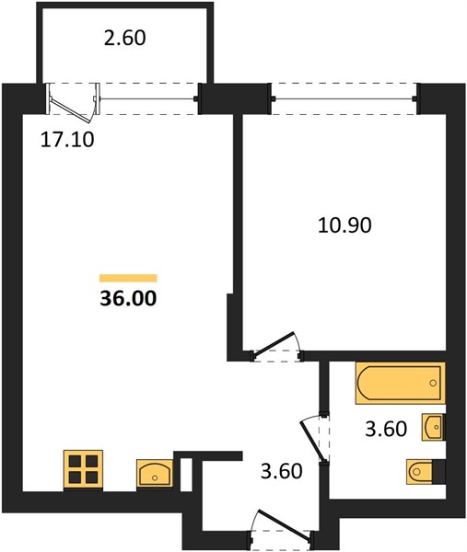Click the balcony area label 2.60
[124, 38]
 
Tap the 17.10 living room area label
[67, 140]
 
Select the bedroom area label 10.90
[344, 225]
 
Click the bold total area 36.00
[128, 298]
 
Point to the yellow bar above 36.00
[128, 278]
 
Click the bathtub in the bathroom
[401, 383]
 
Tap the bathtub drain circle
[433, 383]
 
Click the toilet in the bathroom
[426, 471]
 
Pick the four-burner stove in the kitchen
[83, 470]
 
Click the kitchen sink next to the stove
[155, 474]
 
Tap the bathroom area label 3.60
[386, 429]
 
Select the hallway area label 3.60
[282, 471]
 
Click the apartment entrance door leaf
[284, 525]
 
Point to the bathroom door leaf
[312, 441]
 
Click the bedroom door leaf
[274, 342]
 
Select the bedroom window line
[344, 98]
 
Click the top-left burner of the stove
[75, 462]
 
